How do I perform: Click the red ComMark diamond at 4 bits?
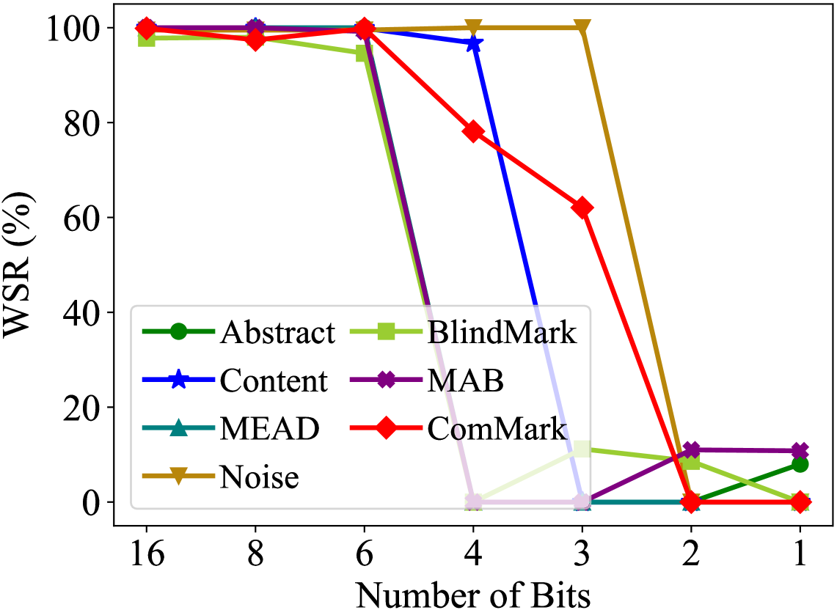pyautogui.click(x=473, y=132)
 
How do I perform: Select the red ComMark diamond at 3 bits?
pyautogui.click(x=582, y=207)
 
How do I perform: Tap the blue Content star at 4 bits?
pyautogui.click(x=474, y=44)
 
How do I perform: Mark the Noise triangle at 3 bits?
pyautogui.click(x=582, y=28)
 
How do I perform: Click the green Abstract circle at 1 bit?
pyautogui.click(x=800, y=464)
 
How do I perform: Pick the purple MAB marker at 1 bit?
pyautogui.click(x=800, y=450)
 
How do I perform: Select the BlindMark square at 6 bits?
pyautogui.click(x=365, y=53)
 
